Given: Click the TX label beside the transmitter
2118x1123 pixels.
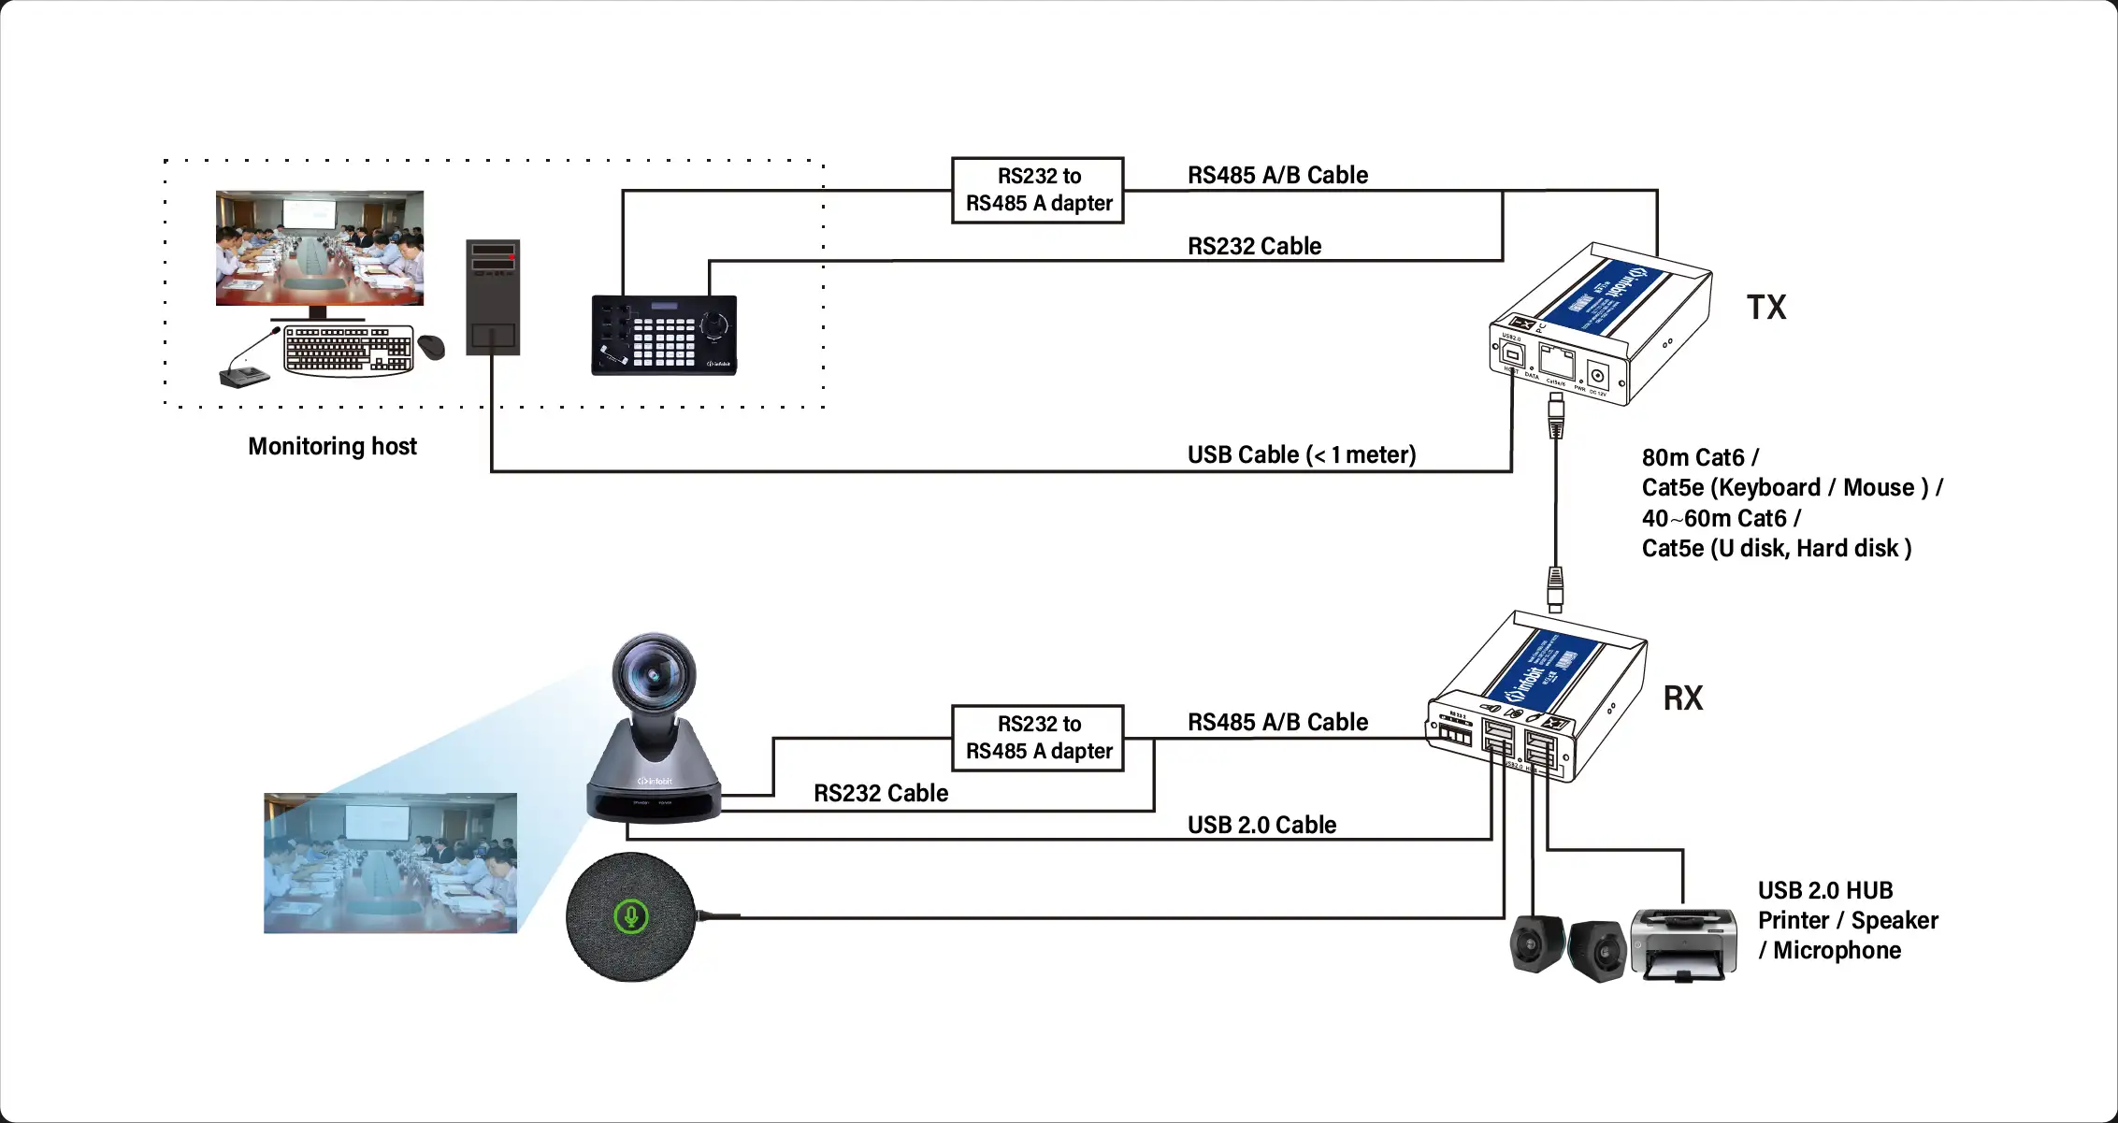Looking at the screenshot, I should point(1765,308).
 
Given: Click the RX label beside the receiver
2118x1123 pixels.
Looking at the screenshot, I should point(1682,698).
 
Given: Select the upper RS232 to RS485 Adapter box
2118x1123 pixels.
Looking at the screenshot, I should point(1037,190).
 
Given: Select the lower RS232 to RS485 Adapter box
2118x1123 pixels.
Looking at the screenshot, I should point(1037,738).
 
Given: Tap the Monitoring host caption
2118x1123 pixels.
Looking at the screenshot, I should point(332,446).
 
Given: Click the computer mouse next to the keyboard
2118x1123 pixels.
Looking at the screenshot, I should point(431,347).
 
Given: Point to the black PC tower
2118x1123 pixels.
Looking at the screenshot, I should point(493,297).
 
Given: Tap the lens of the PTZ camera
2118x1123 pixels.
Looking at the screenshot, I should point(654,675).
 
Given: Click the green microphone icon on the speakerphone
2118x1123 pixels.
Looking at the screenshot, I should point(631,916).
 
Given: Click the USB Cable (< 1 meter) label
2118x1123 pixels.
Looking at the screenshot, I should point(1301,454).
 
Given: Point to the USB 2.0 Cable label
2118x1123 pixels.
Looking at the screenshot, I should point(1261,825).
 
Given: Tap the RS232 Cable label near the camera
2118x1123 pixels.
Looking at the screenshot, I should point(880,793).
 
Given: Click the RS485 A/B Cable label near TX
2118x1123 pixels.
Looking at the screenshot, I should point(1277,175).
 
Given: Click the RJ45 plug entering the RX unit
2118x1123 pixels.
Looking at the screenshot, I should point(1555,589).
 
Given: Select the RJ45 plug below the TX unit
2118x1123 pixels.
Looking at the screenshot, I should point(1555,415).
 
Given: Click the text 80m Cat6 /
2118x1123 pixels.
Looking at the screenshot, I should point(1700,457).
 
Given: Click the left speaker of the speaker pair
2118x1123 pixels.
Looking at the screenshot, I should point(1536,943).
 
